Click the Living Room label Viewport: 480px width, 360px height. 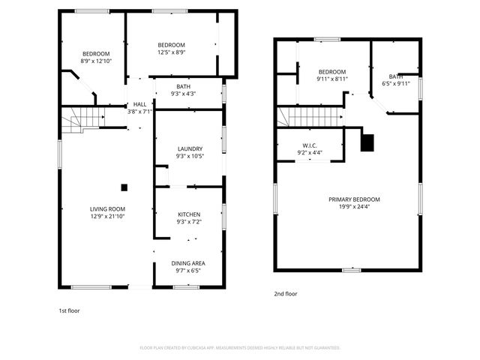click(107, 209)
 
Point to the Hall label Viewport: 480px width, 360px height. click(140, 104)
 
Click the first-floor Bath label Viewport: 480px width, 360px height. click(183, 87)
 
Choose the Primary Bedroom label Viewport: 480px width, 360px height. click(354, 199)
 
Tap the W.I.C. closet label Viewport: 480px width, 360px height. click(311, 145)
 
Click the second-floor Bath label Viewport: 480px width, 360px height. click(395, 76)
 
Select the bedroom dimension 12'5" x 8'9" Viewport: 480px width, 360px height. click(171, 52)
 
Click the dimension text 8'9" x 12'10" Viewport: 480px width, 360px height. click(96, 61)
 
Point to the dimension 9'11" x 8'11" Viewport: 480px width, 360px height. click(331, 79)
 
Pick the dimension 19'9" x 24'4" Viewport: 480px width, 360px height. click(354, 207)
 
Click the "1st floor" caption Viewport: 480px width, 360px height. click(69, 310)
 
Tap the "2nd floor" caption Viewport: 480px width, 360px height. click(285, 294)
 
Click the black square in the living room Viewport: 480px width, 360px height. click(124, 187)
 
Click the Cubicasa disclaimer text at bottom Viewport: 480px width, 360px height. click(240, 348)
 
